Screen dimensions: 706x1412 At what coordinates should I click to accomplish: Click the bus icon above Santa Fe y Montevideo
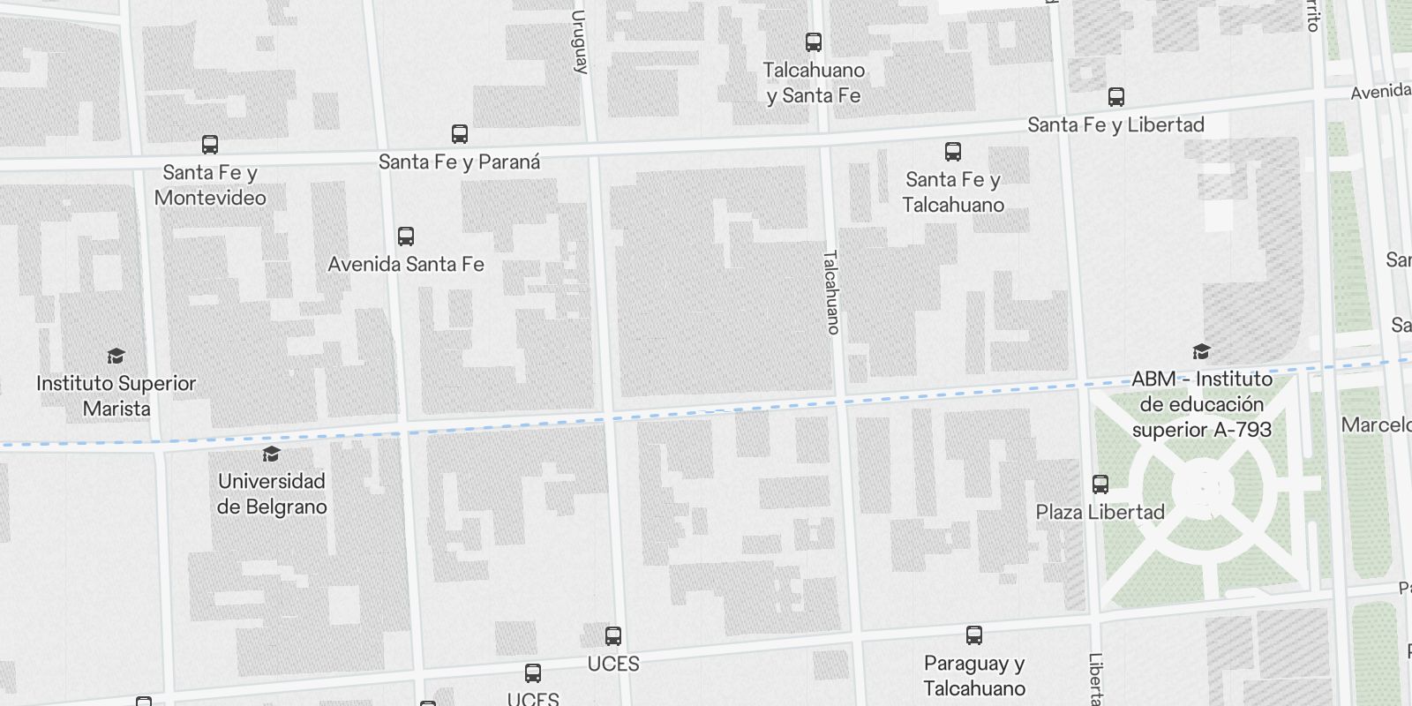(210, 145)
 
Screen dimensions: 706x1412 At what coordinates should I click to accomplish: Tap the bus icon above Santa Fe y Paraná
(460, 134)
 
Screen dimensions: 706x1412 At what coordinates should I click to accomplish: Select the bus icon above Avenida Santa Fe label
(406, 237)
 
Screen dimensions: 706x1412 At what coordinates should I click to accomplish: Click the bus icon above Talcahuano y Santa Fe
(814, 41)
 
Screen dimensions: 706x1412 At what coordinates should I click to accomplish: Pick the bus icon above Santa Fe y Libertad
(1116, 97)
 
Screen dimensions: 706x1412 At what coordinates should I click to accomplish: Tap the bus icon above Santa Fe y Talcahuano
(953, 152)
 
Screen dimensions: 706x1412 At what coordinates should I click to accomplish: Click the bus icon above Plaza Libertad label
(1100, 484)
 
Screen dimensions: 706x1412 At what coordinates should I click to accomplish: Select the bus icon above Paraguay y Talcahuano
(974, 635)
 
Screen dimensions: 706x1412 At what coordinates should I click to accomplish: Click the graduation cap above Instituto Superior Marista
(116, 356)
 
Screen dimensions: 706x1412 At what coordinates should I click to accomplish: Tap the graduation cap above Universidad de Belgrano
(272, 454)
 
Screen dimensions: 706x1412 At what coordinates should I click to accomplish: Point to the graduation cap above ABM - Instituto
(1201, 352)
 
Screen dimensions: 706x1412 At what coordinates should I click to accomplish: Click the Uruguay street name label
(580, 41)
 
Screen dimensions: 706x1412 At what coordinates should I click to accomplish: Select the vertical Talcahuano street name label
(830, 292)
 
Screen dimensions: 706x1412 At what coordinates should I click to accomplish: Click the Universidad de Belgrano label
(272, 494)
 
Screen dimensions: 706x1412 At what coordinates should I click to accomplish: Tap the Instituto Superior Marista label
(116, 396)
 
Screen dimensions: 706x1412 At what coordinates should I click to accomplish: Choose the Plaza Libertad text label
(1100, 512)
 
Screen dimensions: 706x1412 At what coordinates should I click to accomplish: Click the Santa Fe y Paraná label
(459, 162)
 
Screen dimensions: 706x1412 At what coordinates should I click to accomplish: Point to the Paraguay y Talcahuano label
(974, 676)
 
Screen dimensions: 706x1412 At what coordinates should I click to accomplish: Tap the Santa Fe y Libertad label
(1115, 125)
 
